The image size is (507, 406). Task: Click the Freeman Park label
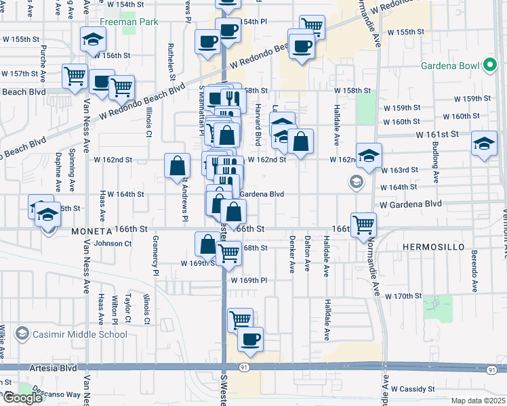point(128,22)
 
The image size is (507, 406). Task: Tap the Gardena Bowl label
point(451,66)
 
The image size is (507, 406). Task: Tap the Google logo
point(22,398)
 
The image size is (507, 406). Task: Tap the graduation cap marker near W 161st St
point(483,143)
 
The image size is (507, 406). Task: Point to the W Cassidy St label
point(413,389)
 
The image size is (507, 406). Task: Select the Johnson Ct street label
point(113,244)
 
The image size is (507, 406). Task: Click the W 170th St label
point(403,296)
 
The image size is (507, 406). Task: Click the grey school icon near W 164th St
point(355,181)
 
